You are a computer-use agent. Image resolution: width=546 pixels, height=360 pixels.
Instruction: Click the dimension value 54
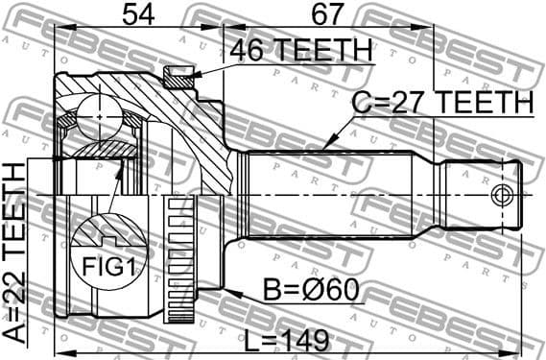point(138,13)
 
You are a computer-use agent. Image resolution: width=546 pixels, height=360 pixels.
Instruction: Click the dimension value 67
point(327,13)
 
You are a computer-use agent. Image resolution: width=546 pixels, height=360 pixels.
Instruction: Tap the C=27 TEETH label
point(442,102)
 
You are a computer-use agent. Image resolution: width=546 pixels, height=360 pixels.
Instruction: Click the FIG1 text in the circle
point(107,266)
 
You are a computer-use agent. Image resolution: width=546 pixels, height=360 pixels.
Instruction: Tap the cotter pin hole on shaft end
point(499,196)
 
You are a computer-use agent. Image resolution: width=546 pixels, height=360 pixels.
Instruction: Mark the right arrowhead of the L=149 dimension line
point(524,341)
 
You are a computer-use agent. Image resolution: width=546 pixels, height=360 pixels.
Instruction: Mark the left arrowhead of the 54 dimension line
point(59,28)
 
